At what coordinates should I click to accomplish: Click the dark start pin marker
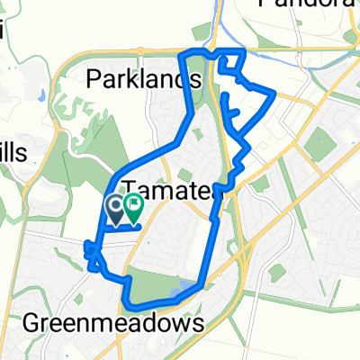117,210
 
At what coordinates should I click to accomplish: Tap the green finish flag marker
133,211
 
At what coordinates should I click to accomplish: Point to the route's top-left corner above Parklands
183,55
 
